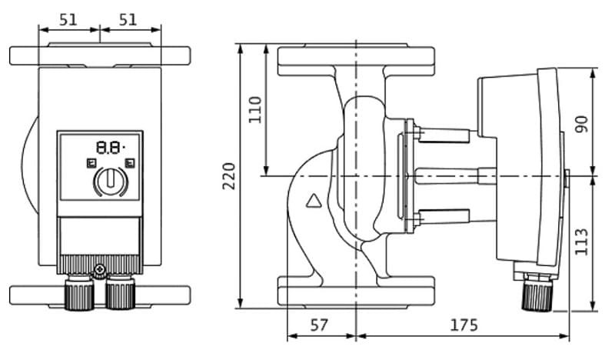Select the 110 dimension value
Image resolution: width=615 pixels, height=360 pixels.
point(255,109)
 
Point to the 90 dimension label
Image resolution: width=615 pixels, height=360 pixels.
point(582,123)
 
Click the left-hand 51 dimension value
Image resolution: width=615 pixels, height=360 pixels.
point(68,19)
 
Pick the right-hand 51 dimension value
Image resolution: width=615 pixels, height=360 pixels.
point(129,19)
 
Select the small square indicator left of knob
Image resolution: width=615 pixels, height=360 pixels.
point(90,162)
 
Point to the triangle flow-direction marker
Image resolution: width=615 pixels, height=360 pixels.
point(314,202)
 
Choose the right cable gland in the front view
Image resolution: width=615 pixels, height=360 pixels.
point(119,293)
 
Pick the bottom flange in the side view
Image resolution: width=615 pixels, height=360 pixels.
point(357,295)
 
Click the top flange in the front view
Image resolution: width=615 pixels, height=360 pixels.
point(100,56)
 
